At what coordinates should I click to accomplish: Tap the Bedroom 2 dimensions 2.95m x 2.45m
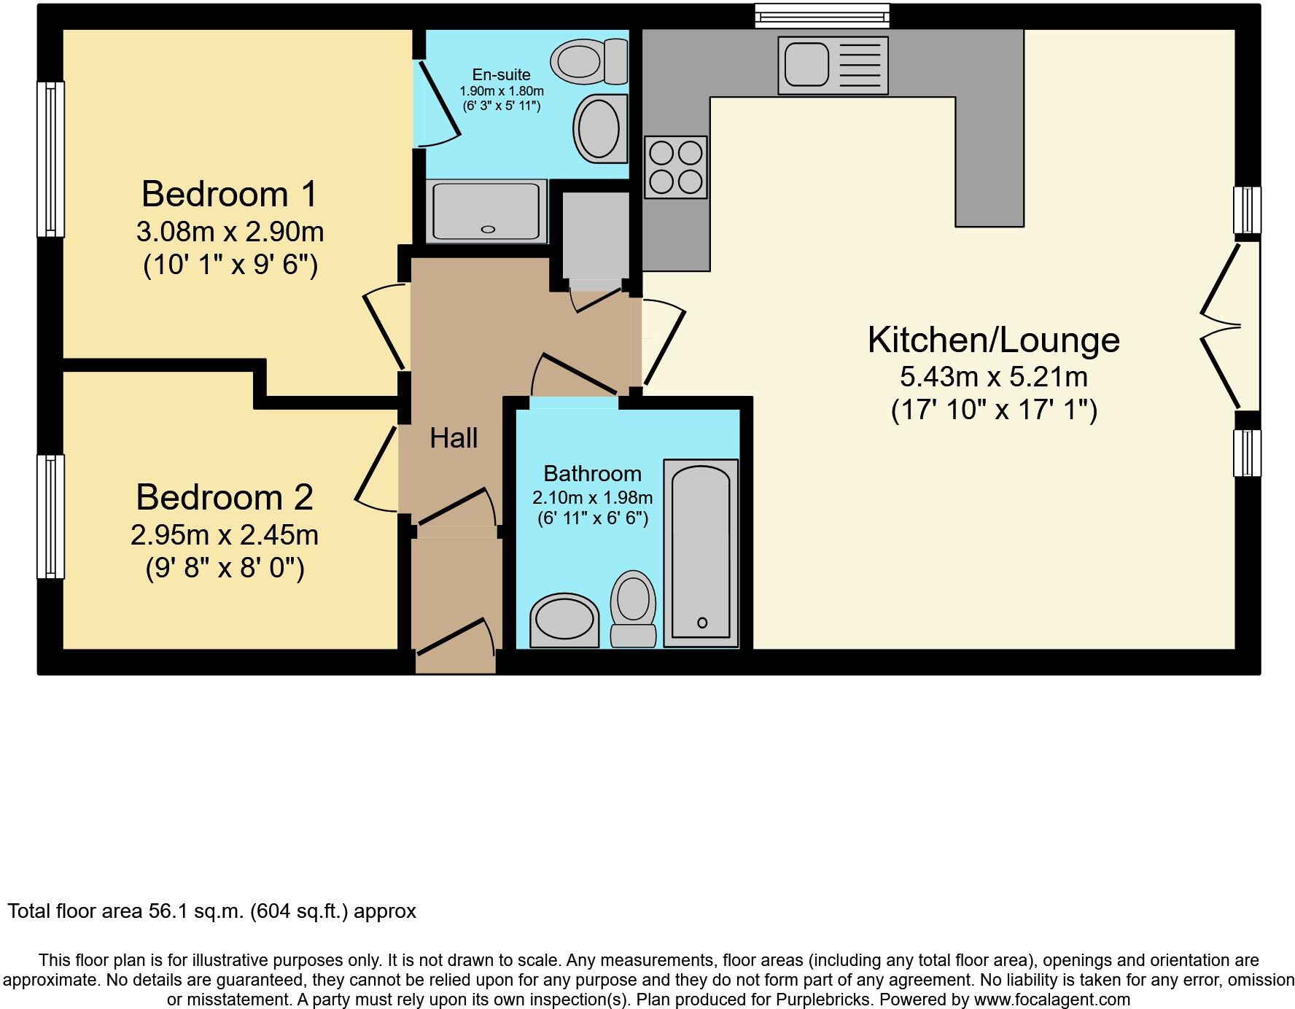(224, 535)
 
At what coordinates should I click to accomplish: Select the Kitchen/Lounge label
(993, 340)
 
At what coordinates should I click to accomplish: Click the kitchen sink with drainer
(833, 66)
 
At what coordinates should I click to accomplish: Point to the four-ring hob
(675, 167)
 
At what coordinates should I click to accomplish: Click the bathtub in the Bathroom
(701, 552)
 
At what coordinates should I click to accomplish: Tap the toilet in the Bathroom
(633, 608)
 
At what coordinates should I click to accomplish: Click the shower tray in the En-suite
(487, 211)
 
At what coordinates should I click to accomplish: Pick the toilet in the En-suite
(588, 61)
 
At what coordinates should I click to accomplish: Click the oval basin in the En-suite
(599, 129)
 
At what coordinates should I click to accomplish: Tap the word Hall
(454, 438)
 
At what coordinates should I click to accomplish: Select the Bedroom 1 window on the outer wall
(50, 159)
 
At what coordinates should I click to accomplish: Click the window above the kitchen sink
(821, 15)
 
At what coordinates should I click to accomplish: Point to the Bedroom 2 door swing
(378, 467)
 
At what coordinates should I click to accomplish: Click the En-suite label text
(501, 74)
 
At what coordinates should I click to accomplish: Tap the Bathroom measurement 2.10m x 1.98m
(592, 498)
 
